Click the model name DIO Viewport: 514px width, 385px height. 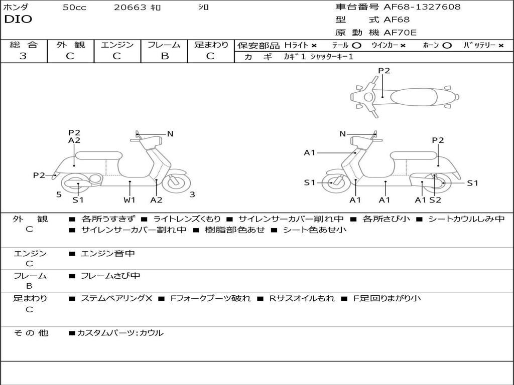[x=18, y=20]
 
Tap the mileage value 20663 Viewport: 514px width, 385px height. [x=130, y=8]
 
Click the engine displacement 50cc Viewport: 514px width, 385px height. [x=74, y=8]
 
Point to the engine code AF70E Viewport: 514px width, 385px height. [x=400, y=33]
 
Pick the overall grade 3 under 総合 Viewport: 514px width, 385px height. [x=23, y=56]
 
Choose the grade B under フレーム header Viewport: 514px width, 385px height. [x=164, y=56]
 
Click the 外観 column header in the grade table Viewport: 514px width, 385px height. [x=70, y=45]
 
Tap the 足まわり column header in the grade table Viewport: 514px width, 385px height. [x=211, y=45]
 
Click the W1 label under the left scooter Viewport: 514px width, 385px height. [x=130, y=200]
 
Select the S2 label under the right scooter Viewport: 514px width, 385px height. [x=435, y=200]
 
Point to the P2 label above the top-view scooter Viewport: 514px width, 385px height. [x=384, y=71]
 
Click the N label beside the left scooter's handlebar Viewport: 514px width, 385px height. [x=170, y=134]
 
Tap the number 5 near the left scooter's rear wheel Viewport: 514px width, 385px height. [x=59, y=195]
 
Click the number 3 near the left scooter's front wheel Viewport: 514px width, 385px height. [x=192, y=195]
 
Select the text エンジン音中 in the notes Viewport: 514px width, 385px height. [x=107, y=254]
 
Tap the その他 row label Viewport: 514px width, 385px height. [x=31, y=332]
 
